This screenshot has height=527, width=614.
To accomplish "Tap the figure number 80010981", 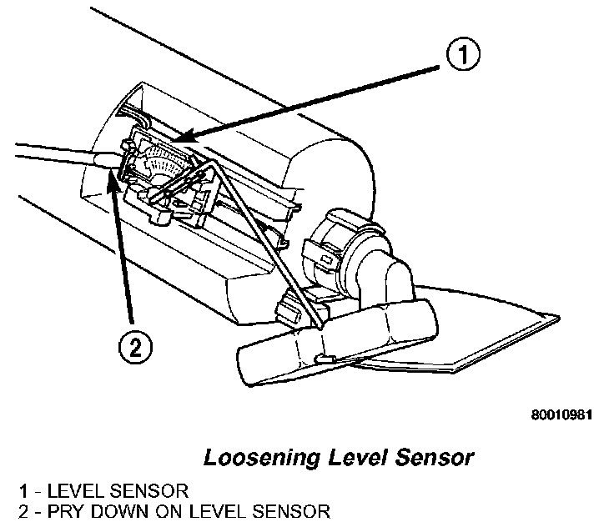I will click(x=562, y=414).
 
